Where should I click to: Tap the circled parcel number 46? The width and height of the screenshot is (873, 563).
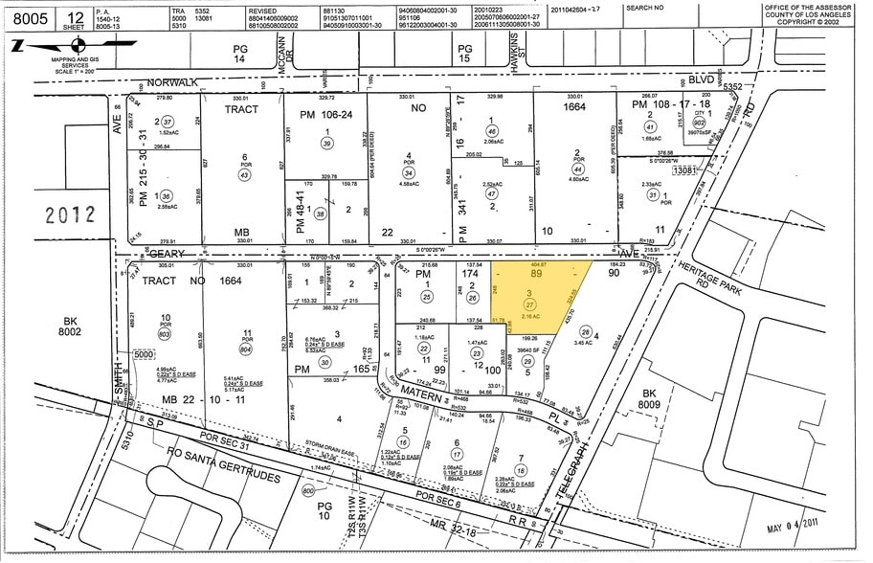point(492,130)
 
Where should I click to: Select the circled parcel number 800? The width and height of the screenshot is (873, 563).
point(307,489)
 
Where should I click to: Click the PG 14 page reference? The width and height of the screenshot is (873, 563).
point(240,53)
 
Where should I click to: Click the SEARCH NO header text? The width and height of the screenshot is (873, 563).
point(645,7)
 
